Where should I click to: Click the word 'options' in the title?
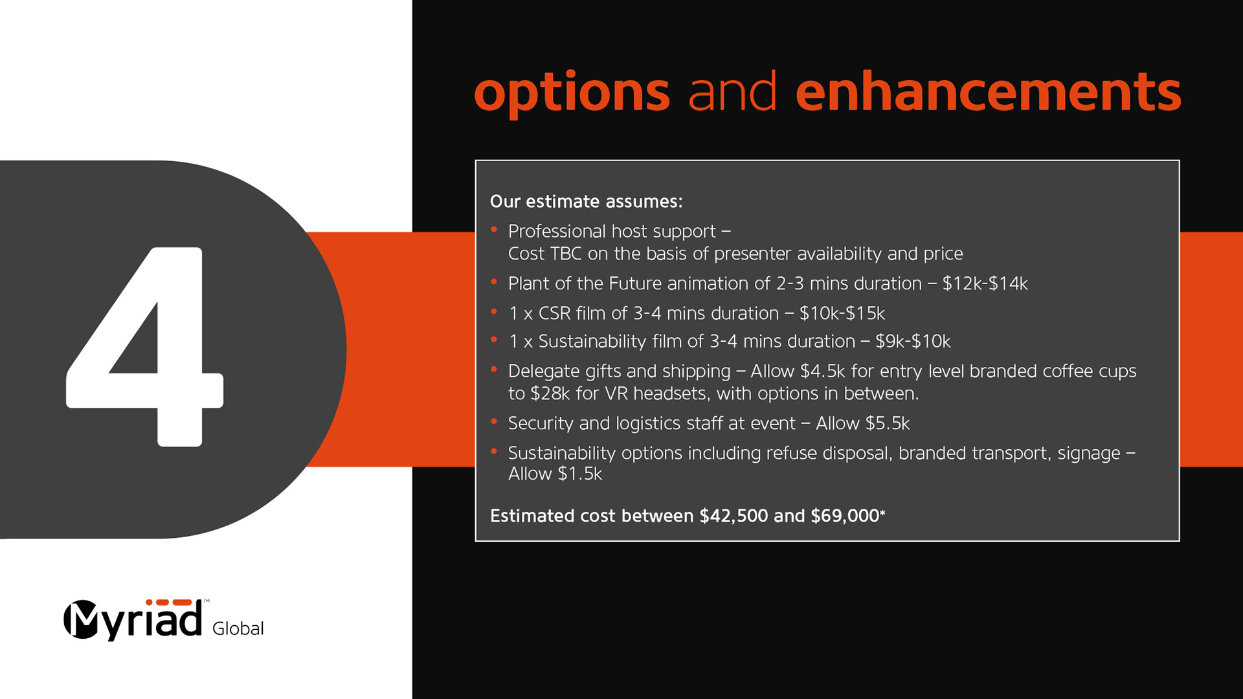(572, 94)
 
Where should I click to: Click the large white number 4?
(145, 347)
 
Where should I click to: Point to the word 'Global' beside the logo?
(238, 628)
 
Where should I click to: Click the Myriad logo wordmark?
(133, 619)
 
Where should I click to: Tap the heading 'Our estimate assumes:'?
(586, 201)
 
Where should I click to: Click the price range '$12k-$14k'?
(985, 283)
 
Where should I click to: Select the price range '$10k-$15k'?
(842, 313)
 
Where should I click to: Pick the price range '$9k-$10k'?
(913, 341)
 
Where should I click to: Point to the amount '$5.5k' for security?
(888, 423)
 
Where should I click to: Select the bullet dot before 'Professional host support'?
(494, 229)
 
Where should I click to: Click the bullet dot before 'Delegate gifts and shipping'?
(494, 369)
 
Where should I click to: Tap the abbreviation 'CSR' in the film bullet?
(554, 313)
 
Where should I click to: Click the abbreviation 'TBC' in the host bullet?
(566, 254)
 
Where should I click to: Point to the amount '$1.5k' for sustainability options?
(580, 474)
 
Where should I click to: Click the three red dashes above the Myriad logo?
(168, 603)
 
